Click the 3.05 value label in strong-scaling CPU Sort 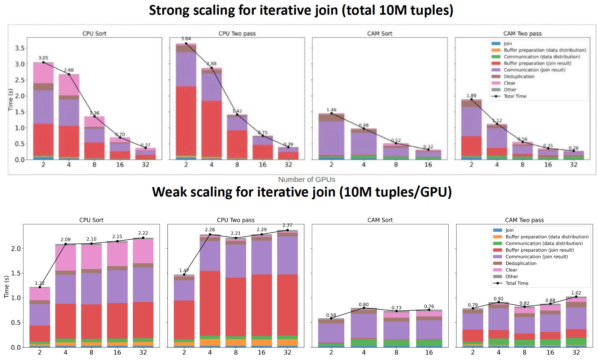coord(43,58)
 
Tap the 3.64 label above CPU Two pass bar coord(186,39)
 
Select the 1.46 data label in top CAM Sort coord(331,110)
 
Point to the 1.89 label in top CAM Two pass coord(471,96)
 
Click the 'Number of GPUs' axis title coord(306,179)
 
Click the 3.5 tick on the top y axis coord(20,48)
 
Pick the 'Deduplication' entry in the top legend coord(519,77)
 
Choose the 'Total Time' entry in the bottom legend coord(517,283)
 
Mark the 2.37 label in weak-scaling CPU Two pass coord(287,225)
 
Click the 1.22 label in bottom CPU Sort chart coord(39,283)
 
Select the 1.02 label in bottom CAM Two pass coord(576,293)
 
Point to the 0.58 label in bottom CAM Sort coord(331,315)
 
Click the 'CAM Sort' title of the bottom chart coord(380,220)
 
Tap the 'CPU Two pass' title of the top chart coord(237,33)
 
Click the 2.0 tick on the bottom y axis coord(16,249)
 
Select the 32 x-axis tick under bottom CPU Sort coord(143,352)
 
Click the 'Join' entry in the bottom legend coord(509,230)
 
